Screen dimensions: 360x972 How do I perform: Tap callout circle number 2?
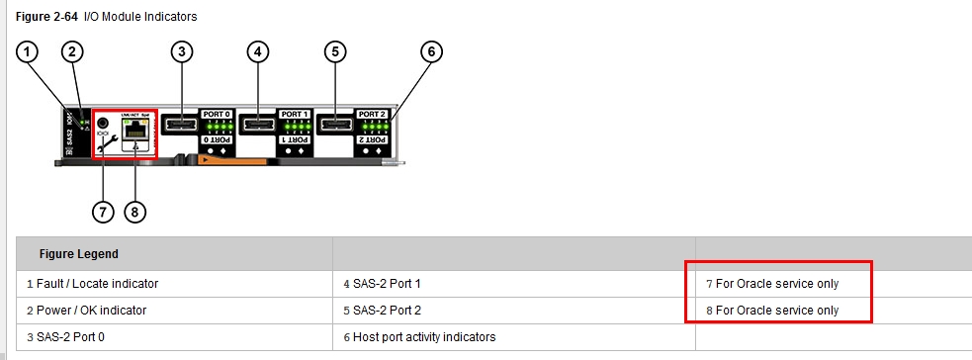72,51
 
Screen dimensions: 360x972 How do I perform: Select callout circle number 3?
181,51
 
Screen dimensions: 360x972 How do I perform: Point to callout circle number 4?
259,51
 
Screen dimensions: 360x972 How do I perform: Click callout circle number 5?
335,51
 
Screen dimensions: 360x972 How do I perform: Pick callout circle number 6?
430,51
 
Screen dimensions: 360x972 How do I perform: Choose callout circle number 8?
134,211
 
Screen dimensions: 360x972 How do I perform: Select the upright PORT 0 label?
217,114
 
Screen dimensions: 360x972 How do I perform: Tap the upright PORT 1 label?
295,114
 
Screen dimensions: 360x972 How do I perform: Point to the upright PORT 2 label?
371,114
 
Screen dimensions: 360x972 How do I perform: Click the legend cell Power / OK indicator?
87,311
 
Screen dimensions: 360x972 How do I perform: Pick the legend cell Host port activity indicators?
419,337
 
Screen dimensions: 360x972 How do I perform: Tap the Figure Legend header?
78,254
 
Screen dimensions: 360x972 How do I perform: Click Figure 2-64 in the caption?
48,17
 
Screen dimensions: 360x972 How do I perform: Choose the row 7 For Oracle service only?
772,284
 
